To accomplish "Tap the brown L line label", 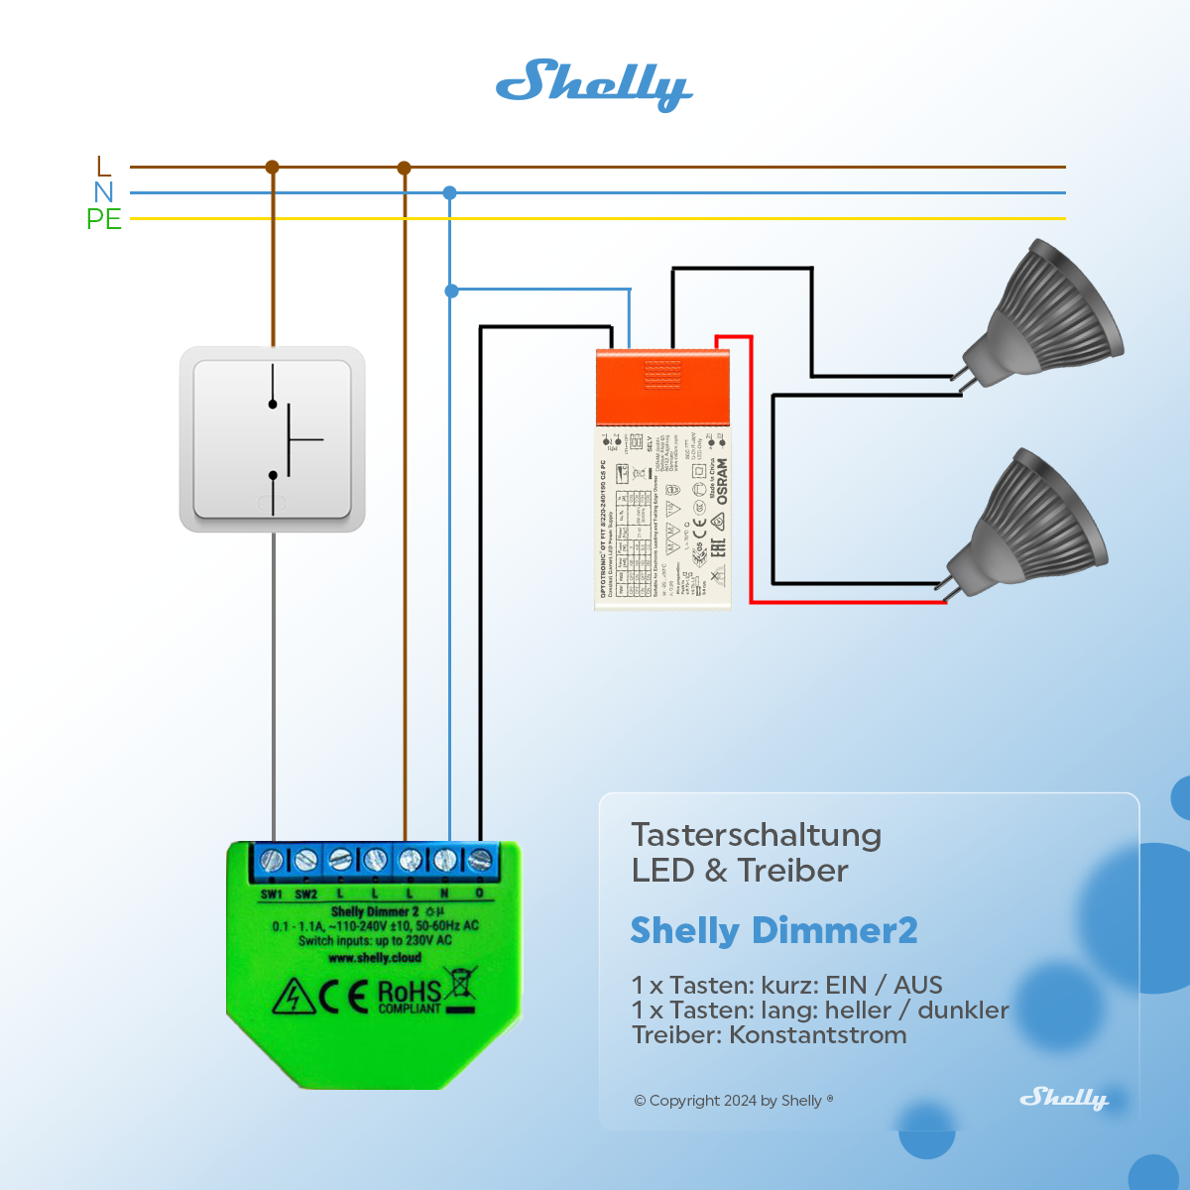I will coord(104,167).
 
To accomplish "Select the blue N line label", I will coord(104,192).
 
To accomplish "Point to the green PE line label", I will coord(104,219).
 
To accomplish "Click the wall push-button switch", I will coord(273,439).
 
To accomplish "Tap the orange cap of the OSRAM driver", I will coord(662,387).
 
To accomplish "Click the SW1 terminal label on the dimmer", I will coord(272,894).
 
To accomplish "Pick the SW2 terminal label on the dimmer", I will coord(306,894).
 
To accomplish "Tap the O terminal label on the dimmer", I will coord(480,893).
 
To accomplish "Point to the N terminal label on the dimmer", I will coord(444,893).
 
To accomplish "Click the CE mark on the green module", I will coord(343,996).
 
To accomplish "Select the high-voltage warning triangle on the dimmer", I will coord(294,997).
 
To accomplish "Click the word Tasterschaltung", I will coord(756,835).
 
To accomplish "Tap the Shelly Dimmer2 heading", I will coord(773,930).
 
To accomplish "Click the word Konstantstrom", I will coord(818,1035).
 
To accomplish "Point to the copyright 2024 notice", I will coord(733,1101).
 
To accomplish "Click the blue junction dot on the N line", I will coord(450,193).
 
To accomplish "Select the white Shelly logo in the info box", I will coord(1064,1098).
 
